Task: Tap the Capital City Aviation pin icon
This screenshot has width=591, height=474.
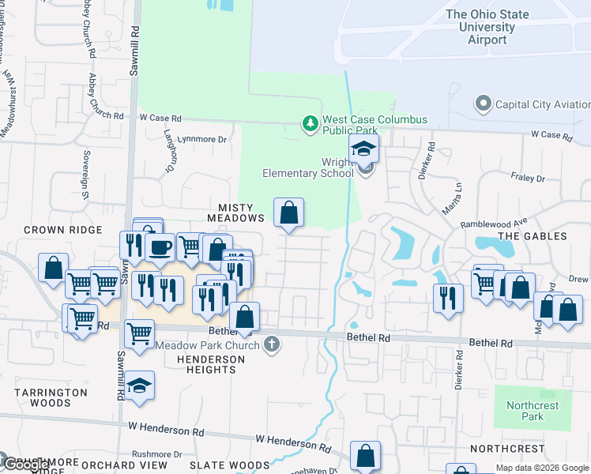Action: [482, 103]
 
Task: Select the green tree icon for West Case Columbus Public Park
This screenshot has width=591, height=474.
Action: [310, 123]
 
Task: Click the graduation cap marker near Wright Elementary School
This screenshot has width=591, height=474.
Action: [363, 149]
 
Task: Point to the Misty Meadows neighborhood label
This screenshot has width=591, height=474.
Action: [235, 211]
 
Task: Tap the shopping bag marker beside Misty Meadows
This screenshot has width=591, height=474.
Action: [289, 212]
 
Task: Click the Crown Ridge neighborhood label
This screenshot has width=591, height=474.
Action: [63, 230]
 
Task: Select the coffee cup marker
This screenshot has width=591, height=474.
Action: [160, 247]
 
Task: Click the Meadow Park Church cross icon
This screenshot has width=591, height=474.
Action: [272, 344]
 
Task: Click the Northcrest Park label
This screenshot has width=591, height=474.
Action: [533, 411]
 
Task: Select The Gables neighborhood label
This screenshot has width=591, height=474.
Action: [533, 236]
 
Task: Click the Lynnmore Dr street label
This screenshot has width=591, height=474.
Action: [202, 139]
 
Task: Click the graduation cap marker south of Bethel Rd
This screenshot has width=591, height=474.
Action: [139, 386]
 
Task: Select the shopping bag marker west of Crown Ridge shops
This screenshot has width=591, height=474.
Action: [53, 267]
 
